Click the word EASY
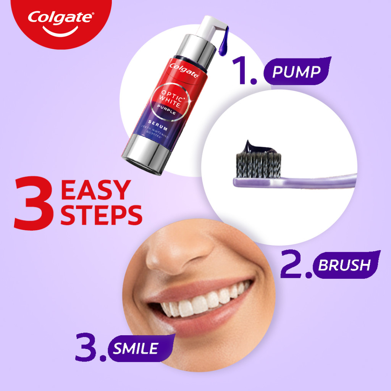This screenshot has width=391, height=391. pyautogui.click(x=95, y=190)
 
